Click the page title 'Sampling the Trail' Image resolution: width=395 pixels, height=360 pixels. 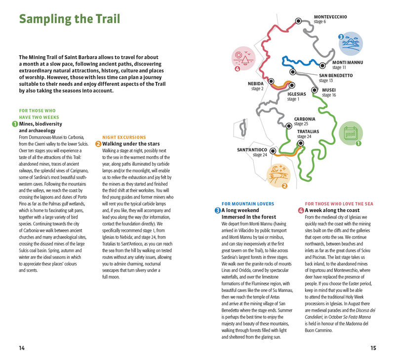click(x=70, y=20)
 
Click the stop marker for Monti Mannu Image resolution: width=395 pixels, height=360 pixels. click(x=322, y=65)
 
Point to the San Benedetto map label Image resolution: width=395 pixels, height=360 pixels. click(x=336, y=75)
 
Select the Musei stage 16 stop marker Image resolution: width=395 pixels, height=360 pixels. click(x=315, y=90)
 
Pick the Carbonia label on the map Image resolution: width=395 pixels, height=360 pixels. click(x=304, y=119)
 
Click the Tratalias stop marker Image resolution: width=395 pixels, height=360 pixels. click(x=300, y=143)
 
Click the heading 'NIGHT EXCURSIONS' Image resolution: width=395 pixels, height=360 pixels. click(x=124, y=137)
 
